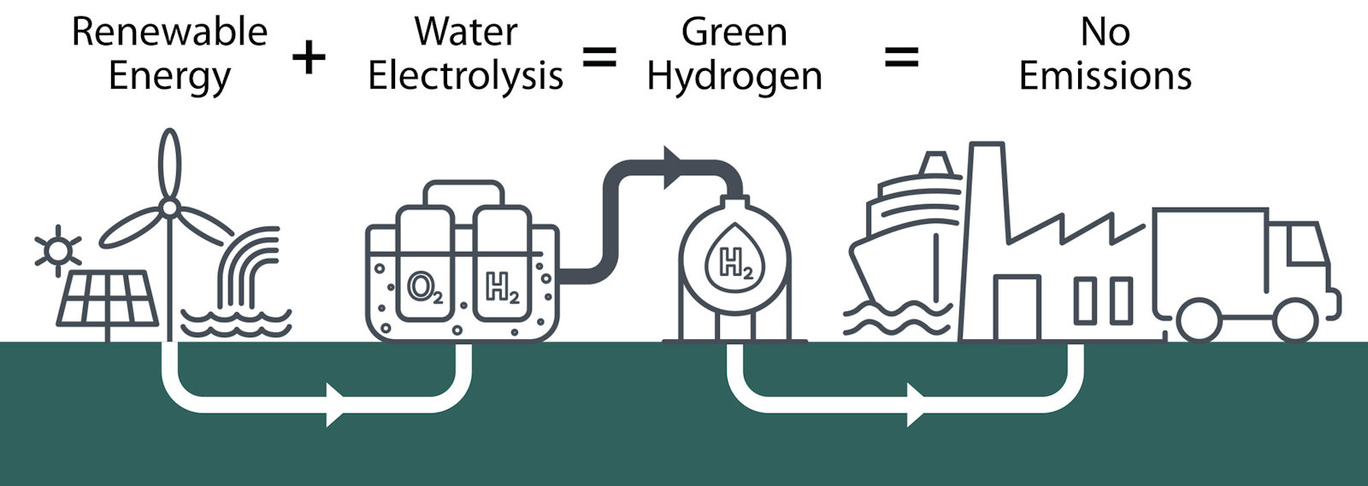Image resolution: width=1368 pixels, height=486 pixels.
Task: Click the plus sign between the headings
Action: tap(309, 58)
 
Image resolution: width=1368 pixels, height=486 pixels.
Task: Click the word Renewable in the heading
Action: tap(169, 32)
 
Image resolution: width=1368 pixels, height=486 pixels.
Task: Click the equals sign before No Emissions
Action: tap(901, 58)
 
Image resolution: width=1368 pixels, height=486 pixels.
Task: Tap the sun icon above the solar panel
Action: tap(57, 250)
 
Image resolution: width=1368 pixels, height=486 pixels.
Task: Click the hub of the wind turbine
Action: tap(169, 208)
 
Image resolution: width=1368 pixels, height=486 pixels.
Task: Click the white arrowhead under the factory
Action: tap(916, 404)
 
